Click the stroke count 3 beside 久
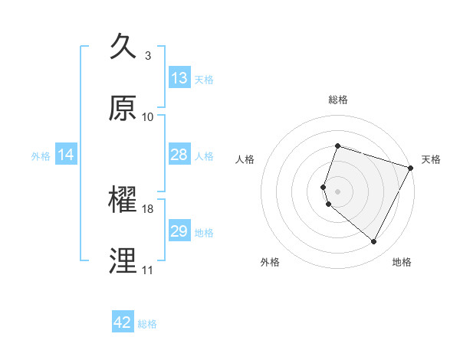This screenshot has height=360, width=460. click(148, 56)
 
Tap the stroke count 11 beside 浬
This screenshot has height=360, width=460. click(148, 270)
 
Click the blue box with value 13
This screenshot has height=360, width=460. click(179, 78)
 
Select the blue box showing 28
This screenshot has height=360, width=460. click(179, 155)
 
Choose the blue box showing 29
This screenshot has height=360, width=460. click(179, 231)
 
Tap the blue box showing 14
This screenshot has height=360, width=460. click(66, 155)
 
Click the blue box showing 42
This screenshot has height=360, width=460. click(123, 322)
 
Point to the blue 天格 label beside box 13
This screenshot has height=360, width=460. click(204, 79)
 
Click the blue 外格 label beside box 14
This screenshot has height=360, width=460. click(41, 155)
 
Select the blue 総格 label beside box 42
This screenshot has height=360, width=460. click(147, 323)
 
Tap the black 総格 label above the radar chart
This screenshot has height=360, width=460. click(338, 100)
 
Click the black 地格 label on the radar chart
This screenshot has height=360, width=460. click(402, 262)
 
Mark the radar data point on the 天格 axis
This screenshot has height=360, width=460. click(411, 167)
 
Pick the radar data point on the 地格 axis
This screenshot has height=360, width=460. click(374, 242)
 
